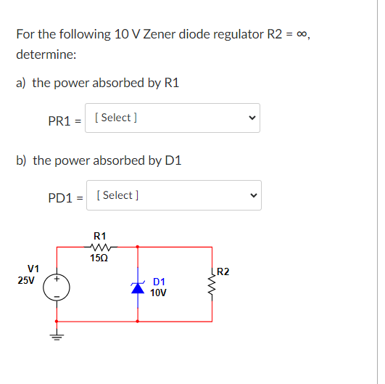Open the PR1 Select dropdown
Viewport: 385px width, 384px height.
[173, 118]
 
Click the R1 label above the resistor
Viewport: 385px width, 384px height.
[100, 235]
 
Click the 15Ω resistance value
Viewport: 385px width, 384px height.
[100, 258]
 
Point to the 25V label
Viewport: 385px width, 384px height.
[28, 279]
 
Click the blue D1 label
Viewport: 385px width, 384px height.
[160, 282]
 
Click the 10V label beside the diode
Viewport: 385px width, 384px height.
[159, 293]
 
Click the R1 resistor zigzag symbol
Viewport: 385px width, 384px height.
[100, 247]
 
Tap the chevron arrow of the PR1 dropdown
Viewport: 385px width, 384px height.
[252, 118]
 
